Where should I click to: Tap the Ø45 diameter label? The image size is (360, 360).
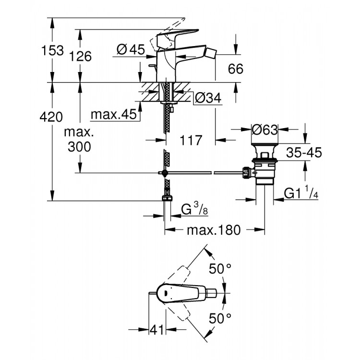coord(131,49)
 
